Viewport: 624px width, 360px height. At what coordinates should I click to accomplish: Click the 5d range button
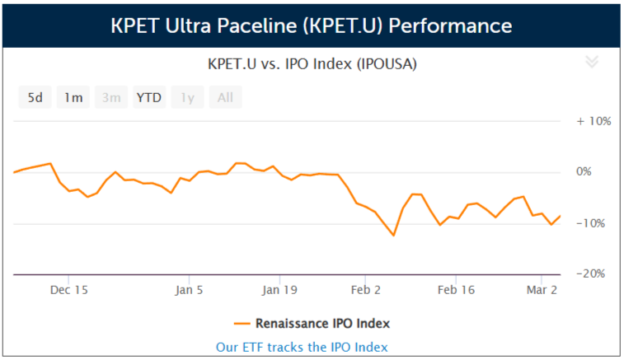35,97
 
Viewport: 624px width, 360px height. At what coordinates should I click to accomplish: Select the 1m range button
73,97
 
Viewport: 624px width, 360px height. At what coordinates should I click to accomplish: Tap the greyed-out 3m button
111,97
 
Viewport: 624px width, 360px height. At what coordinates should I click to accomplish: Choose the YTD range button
149,97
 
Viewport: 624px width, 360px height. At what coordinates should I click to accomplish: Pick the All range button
225,97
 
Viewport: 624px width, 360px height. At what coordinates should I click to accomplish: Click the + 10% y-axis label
594,120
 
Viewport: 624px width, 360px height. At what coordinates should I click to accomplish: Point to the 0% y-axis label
598,171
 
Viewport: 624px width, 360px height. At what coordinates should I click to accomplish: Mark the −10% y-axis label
594,222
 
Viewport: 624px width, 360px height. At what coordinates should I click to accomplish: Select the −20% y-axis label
594,274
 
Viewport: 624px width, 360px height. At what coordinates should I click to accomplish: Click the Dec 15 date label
69,290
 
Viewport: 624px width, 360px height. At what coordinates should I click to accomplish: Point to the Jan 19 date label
279,290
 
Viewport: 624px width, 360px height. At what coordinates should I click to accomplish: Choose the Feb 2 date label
367,290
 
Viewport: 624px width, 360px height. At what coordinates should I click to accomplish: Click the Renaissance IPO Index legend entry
312,323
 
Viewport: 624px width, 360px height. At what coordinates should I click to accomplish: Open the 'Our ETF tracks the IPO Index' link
302,347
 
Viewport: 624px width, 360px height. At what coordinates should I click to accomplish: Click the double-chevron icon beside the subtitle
591,63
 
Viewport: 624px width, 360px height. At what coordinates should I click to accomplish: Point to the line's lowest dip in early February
393,236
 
